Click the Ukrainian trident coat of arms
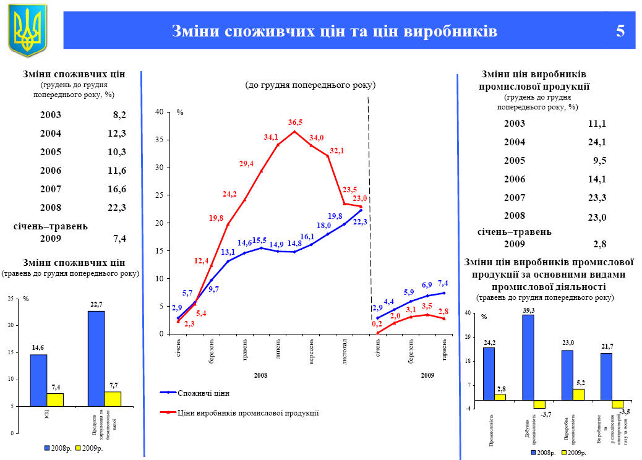(27, 30)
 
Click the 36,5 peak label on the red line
(295, 122)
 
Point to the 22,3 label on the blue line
(360, 221)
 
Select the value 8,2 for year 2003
(119, 115)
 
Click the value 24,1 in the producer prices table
(596, 142)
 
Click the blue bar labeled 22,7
(96, 359)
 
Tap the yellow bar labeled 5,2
(578, 394)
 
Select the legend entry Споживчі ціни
(198, 393)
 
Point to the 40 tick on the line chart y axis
(159, 112)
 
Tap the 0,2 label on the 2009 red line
(377, 323)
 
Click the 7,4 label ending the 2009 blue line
(443, 283)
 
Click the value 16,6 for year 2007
(117, 189)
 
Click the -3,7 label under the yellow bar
(546, 414)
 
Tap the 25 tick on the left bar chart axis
(10, 299)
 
